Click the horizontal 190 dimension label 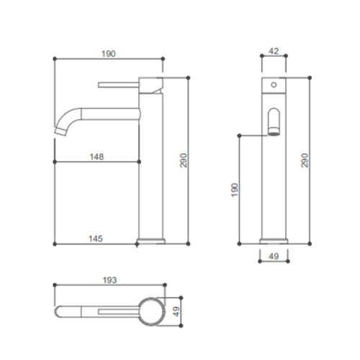[110, 53]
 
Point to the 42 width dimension [273, 52]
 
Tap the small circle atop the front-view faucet [273, 85]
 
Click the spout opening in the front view [273, 122]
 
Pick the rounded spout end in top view [63, 310]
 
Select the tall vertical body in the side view [152, 166]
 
